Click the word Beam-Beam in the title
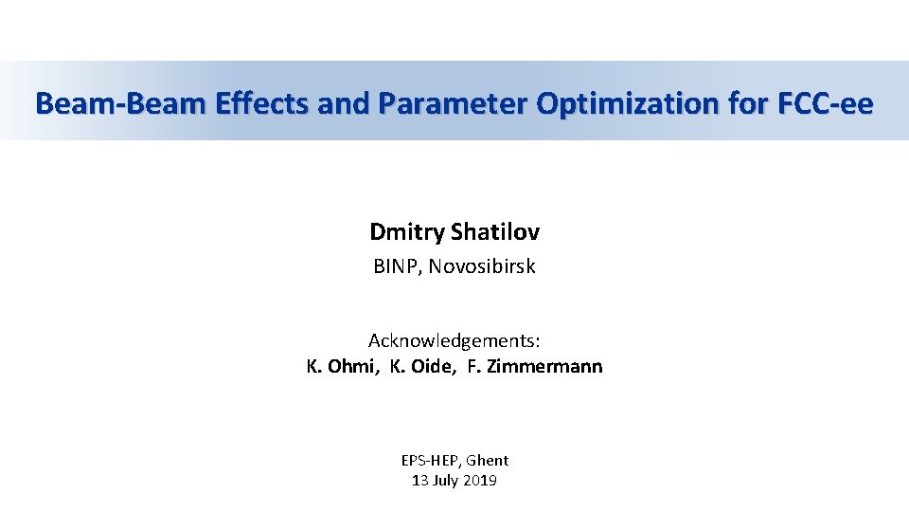point(118,103)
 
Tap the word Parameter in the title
point(453,103)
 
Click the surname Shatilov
point(497,232)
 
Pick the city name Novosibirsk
point(482,267)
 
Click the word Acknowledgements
point(454,340)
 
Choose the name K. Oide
point(420,367)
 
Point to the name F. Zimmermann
point(535,367)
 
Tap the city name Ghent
point(489,461)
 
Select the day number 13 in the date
point(420,481)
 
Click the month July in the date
point(449,481)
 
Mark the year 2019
point(482,481)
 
